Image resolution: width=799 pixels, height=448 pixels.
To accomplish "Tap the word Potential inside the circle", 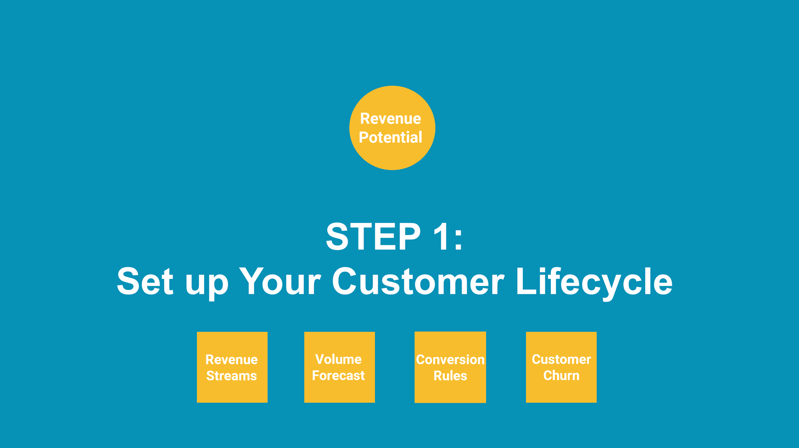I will [x=391, y=138].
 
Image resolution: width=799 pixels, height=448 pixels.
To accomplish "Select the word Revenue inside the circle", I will [x=391, y=119].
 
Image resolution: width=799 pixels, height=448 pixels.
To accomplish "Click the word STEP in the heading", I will [x=373, y=237].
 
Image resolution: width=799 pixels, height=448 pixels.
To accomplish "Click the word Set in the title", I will [x=145, y=282].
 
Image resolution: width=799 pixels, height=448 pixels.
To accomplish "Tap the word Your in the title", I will [x=280, y=282].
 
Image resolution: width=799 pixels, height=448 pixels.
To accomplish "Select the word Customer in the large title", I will [x=417, y=282].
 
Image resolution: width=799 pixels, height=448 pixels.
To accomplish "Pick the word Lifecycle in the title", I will [x=594, y=282].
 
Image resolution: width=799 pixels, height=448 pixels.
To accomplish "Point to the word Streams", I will [x=231, y=376].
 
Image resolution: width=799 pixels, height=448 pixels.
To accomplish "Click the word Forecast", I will [x=338, y=375].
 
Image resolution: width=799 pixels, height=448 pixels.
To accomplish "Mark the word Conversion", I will [x=450, y=359].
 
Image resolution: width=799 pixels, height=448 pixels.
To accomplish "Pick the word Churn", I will [x=561, y=375].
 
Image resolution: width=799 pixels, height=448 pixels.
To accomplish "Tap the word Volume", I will [x=338, y=359].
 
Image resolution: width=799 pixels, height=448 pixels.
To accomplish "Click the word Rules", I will [x=450, y=376].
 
